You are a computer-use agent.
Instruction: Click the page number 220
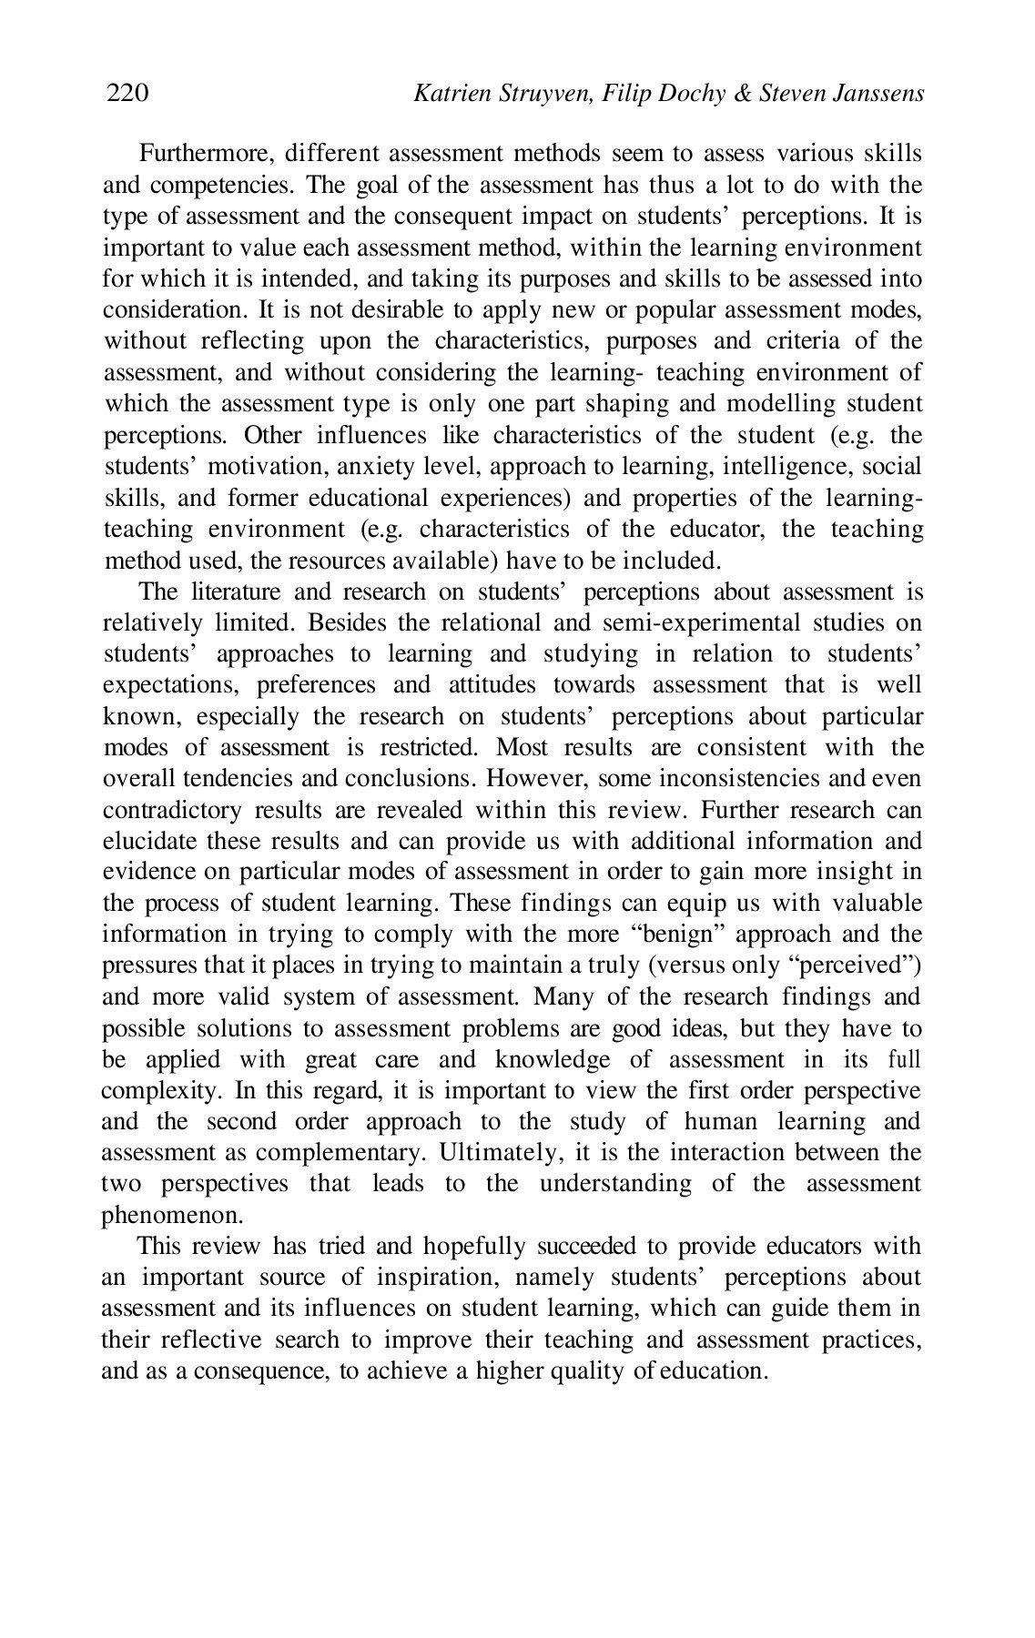click(127, 93)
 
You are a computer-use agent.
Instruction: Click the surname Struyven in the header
click(540, 93)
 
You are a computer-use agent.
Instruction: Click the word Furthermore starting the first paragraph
click(199, 154)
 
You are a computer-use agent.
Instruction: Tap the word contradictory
click(173, 810)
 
